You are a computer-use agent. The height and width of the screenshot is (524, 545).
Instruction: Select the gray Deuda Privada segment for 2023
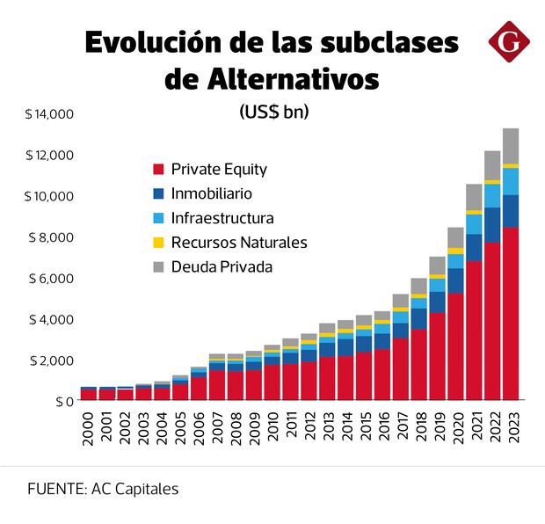(510, 145)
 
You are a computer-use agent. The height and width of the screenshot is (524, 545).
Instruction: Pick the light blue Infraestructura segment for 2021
(473, 224)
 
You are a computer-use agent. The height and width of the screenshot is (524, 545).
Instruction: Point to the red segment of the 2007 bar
(216, 385)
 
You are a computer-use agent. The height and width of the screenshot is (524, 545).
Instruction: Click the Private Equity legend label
(219, 169)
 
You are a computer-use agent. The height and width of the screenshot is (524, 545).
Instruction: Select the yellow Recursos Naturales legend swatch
(158, 242)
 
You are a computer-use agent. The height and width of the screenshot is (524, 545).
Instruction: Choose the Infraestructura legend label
(222, 217)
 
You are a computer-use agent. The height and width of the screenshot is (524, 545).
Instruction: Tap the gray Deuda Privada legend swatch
(158, 266)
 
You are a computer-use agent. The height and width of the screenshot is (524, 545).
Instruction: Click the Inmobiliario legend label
(212, 193)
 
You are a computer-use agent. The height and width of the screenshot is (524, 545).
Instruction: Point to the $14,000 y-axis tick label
(50, 114)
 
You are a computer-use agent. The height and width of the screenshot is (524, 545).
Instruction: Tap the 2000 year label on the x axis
(88, 427)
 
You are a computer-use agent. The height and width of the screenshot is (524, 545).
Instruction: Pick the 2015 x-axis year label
(363, 427)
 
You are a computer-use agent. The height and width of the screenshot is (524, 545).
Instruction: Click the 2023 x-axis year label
(510, 427)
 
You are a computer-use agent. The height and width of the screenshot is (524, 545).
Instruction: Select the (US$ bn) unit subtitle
(273, 113)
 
